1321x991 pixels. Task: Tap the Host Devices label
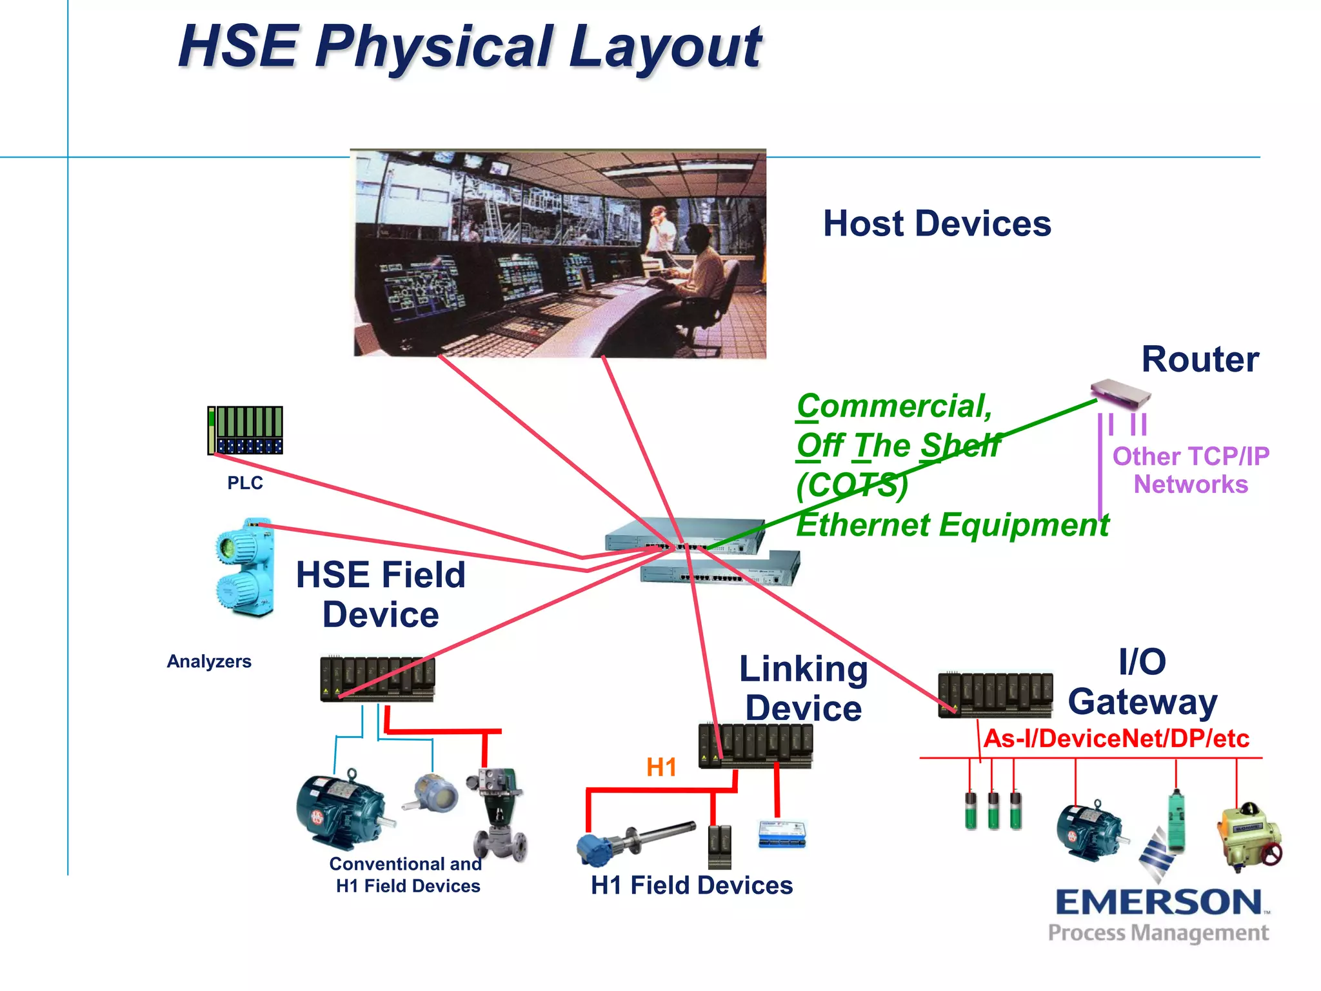click(x=937, y=224)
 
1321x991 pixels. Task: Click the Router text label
click(x=1200, y=359)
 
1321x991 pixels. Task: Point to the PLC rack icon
click(x=245, y=430)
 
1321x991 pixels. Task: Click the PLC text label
click(x=245, y=483)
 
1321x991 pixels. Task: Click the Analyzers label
click(x=209, y=661)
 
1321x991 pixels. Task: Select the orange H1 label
click(x=661, y=767)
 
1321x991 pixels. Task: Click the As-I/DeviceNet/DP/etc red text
click(x=1116, y=738)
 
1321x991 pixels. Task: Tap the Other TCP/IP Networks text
click(x=1190, y=470)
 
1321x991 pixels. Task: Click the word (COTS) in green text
click(x=851, y=485)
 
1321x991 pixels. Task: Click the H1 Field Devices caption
click(x=691, y=885)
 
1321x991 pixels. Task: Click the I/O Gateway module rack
click(x=995, y=695)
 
